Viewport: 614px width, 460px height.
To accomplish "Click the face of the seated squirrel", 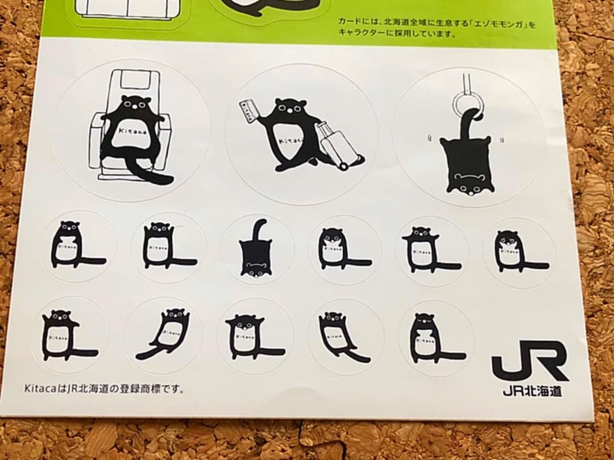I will (x=136, y=104).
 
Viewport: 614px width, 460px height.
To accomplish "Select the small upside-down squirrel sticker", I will (x=256, y=249).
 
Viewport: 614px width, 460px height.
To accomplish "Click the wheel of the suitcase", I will (x=343, y=166).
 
